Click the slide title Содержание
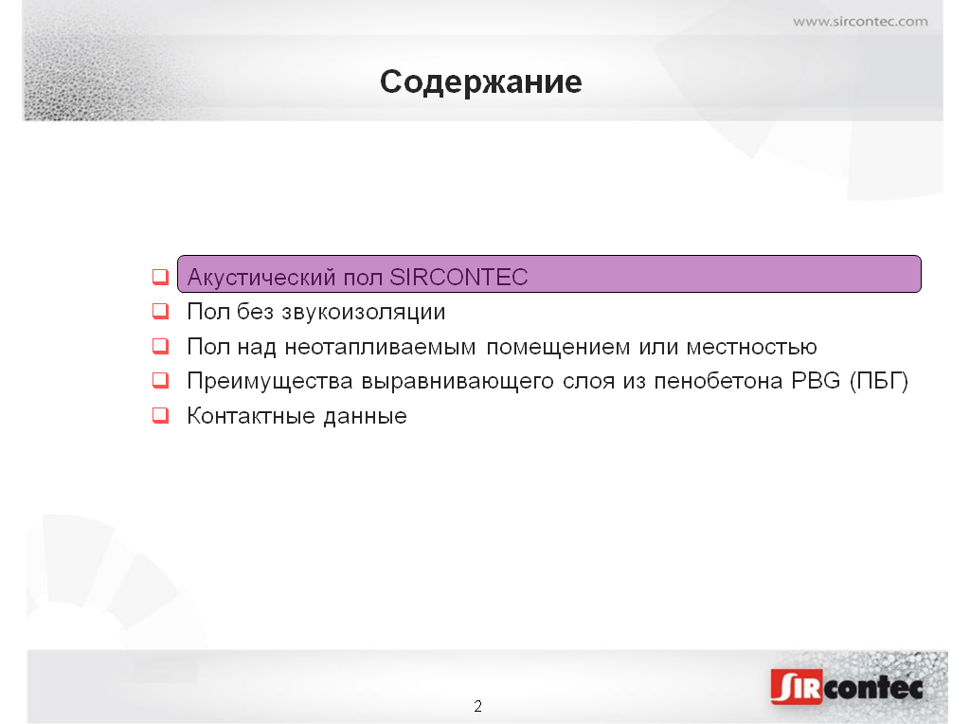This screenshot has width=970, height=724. (480, 82)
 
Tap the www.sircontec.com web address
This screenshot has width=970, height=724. (860, 22)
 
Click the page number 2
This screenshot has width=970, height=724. (477, 706)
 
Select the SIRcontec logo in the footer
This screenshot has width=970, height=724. (846, 686)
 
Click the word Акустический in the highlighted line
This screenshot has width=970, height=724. (261, 278)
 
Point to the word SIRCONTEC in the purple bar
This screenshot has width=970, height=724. (458, 278)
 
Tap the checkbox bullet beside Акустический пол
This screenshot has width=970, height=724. (160, 276)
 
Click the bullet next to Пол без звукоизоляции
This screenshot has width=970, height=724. (160, 311)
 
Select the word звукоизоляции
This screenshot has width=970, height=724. (363, 312)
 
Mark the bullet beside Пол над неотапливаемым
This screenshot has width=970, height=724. (160, 345)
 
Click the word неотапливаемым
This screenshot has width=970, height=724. (381, 347)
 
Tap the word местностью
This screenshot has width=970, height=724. (751, 347)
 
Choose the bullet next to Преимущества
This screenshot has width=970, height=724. (160, 380)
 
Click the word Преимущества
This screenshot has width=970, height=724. (270, 381)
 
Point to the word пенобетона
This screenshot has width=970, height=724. (718, 381)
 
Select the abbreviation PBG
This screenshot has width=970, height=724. (816, 381)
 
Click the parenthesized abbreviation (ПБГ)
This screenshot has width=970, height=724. (878, 381)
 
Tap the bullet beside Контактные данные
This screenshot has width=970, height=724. (160, 415)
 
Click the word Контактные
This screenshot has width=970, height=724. (251, 416)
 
